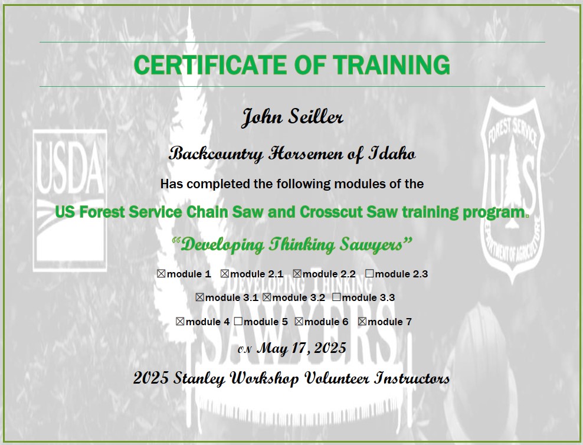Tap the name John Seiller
[x=292, y=116]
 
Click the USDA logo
[x=70, y=201]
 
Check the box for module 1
[x=161, y=274]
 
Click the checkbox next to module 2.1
[x=225, y=274]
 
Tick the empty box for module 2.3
[x=369, y=274]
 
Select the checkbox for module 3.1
[x=199, y=297]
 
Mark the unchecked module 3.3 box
[x=336, y=297]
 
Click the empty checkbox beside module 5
[x=238, y=322]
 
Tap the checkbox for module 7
[x=362, y=322]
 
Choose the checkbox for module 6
[x=299, y=322]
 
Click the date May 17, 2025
[x=302, y=348]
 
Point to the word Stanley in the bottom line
[x=199, y=378]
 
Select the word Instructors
[x=412, y=378]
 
